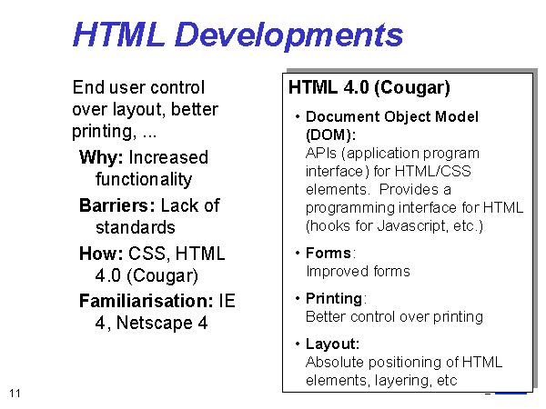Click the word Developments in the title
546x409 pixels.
pos(289,35)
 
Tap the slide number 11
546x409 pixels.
pos(15,394)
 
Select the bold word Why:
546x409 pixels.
pos(101,157)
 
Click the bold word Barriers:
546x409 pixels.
pos(117,205)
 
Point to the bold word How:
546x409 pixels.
pos(101,254)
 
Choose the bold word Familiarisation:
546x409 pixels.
pos(147,301)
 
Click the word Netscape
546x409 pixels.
pos(155,323)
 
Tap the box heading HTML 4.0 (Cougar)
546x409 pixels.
pos(369,87)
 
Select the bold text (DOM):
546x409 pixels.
pos(331,135)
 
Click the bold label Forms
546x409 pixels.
pos(329,253)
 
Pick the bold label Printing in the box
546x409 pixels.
pos(334,299)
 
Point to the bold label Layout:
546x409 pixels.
pos(332,344)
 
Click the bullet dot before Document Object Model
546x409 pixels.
pos(298,116)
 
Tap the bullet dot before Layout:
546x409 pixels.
pos(298,344)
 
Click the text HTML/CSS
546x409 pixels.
pos(433,172)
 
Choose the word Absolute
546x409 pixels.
pos(335,363)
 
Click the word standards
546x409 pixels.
pos(135,227)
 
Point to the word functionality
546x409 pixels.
pos(144,179)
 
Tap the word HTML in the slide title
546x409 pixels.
pos(118,35)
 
